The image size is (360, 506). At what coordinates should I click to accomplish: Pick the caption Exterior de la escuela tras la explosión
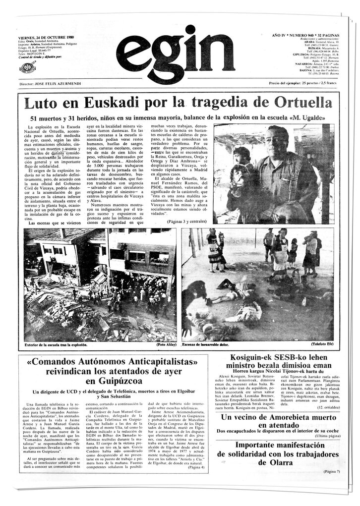[56, 344]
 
